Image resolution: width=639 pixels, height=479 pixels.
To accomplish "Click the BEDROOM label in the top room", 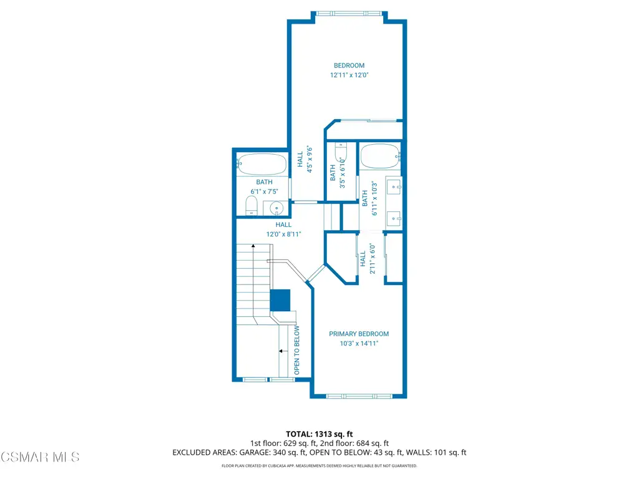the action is click(349, 65).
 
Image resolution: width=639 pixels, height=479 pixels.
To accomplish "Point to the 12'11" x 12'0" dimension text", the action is click(349, 75).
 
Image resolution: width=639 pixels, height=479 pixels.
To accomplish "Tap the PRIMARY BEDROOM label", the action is click(359, 334).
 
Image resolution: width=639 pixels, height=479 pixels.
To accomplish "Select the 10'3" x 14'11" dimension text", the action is click(359, 344).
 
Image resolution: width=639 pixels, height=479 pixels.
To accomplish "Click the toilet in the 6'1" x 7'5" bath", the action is click(251, 206).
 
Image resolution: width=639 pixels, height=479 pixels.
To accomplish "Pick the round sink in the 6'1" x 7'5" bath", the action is click(276, 208).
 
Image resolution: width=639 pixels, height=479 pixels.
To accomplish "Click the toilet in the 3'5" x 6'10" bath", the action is click(341, 153).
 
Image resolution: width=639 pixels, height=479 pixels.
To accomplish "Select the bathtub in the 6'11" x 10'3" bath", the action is click(380, 156).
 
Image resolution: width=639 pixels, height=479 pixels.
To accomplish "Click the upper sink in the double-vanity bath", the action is click(394, 186).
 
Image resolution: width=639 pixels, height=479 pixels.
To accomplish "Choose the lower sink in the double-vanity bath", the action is click(394, 219).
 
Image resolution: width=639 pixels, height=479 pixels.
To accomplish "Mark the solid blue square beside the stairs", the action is click(280, 300).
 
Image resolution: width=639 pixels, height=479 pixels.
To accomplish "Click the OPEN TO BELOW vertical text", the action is click(296, 351).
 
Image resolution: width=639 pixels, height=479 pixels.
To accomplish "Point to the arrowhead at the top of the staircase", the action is click(253, 246).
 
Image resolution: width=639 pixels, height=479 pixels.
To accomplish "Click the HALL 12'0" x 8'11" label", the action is click(284, 230).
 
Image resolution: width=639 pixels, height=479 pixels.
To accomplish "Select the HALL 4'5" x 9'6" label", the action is click(305, 159).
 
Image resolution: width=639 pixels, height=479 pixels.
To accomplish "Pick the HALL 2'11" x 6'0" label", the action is click(367, 259).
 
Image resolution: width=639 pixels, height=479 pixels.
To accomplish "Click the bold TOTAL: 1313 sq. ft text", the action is click(319, 434).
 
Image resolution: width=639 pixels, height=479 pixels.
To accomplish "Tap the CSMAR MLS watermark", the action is click(40, 457).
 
